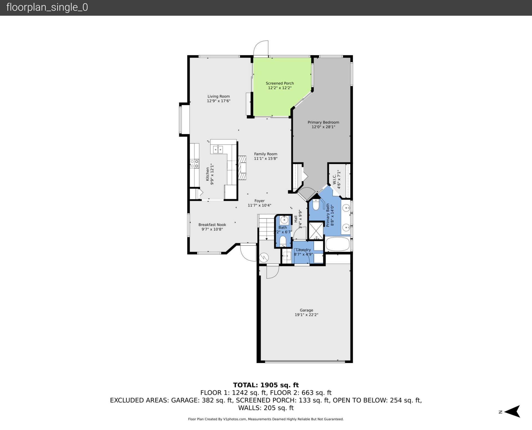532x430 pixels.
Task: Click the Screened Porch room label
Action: tap(280, 83)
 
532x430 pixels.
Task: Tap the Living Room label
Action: tap(219, 96)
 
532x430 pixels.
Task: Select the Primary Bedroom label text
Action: tap(323, 122)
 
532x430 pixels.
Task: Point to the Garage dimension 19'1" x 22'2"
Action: tap(306, 315)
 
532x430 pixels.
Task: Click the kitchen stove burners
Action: tap(194, 163)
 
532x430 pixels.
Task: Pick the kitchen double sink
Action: tap(218, 149)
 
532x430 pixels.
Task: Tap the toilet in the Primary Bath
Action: tap(316, 205)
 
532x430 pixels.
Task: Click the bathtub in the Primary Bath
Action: tap(337, 244)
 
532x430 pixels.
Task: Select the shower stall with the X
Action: tap(316, 231)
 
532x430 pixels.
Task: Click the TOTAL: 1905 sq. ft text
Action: tap(266, 385)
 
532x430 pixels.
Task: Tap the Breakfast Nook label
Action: tap(212, 225)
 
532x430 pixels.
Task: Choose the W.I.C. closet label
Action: tap(334, 180)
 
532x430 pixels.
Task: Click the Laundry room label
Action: tap(303, 250)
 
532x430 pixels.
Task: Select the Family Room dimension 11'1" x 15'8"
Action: tap(265, 158)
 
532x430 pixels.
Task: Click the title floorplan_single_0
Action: tap(47, 7)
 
